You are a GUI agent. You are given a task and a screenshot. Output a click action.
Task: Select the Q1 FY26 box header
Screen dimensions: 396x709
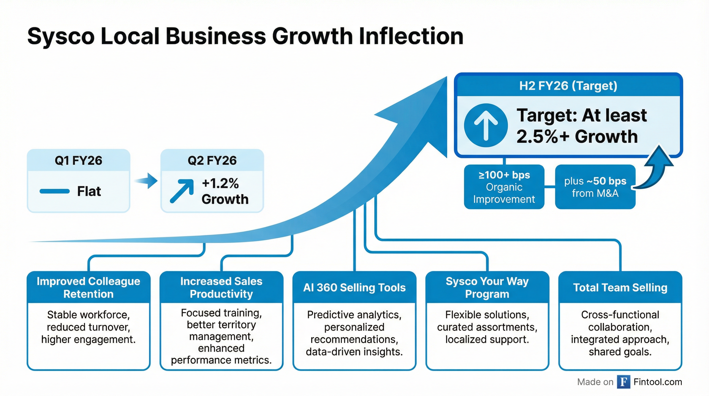click(x=78, y=160)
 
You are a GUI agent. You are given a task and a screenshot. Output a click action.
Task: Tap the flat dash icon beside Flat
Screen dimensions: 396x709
click(x=55, y=191)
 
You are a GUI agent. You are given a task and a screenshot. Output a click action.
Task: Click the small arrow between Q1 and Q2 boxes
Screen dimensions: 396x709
click(x=147, y=181)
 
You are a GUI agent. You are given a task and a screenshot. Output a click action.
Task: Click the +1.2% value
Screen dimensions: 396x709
click(x=220, y=183)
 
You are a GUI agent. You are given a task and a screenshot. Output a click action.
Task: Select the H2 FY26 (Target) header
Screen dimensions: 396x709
click(x=568, y=86)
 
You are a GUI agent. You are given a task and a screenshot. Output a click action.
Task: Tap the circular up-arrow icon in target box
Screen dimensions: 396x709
click(x=486, y=125)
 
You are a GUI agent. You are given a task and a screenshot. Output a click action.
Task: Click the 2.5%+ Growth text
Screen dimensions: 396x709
click(x=577, y=137)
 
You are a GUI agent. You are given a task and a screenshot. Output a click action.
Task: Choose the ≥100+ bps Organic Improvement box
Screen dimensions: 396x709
click(x=504, y=187)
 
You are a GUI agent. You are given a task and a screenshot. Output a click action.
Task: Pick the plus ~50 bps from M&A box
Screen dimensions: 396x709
click(x=595, y=187)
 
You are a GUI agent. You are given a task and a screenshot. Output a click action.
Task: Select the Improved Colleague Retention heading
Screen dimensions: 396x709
click(x=88, y=287)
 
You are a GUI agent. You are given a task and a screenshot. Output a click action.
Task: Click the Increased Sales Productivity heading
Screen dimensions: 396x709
click(x=221, y=287)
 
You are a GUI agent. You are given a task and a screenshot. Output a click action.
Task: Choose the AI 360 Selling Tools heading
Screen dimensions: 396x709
click(x=354, y=287)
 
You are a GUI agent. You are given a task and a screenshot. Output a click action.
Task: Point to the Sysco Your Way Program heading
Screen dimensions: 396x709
click(x=487, y=287)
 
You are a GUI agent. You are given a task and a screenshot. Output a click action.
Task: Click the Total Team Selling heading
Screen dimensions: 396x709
click(x=620, y=287)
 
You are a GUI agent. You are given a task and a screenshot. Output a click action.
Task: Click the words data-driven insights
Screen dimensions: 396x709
click(x=354, y=352)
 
